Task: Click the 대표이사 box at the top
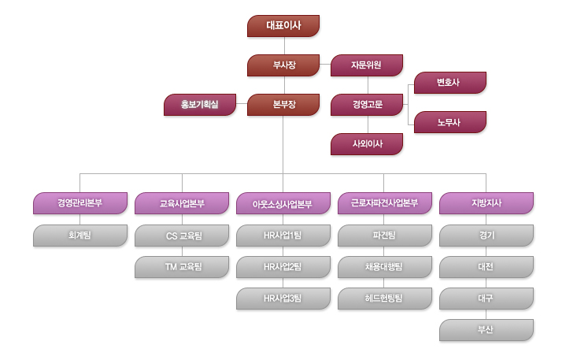click(283, 26)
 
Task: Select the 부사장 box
click(283, 65)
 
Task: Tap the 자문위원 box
click(367, 65)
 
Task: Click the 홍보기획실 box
click(199, 105)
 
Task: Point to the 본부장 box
click(283, 105)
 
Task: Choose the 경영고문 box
click(367, 105)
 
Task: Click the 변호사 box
click(449, 83)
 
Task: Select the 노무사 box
click(449, 122)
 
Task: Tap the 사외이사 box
click(367, 144)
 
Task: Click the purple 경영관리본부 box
click(80, 203)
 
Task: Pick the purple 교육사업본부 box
click(182, 203)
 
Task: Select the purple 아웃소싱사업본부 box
click(283, 203)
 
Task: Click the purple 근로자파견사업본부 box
click(385, 203)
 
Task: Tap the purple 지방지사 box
click(486, 203)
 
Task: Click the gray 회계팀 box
click(80, 236)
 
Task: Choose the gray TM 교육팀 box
click(182, 267)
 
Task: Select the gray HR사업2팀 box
click(283, 267)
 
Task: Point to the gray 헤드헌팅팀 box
click(385, 299)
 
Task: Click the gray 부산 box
click(486, 330)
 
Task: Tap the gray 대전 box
click(486, 267)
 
